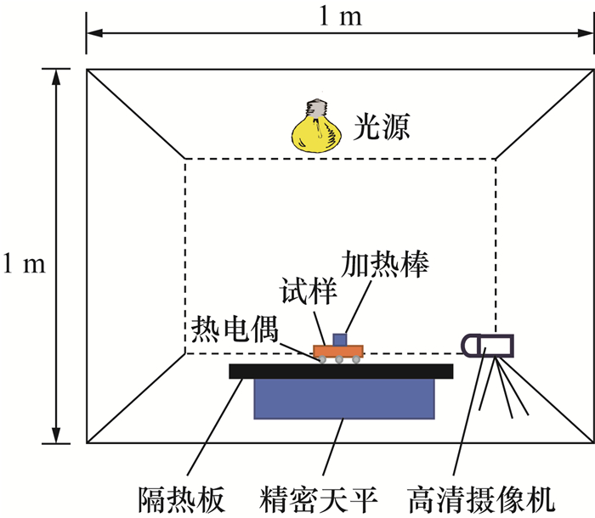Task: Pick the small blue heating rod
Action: tap(340, 339)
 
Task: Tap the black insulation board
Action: tap(341, 371)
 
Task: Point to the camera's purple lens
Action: tap(469, 344)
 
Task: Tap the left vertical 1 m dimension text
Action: tap(23, 264)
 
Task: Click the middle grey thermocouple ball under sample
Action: tap(338, 361)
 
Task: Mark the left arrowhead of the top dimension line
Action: tap(92, 33)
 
